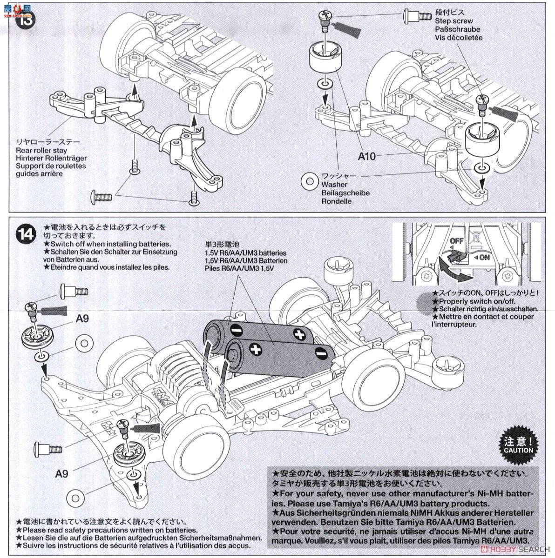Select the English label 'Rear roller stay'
click(41, 150)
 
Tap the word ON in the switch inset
click(484, 257)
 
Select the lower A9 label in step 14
click(62, 474)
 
